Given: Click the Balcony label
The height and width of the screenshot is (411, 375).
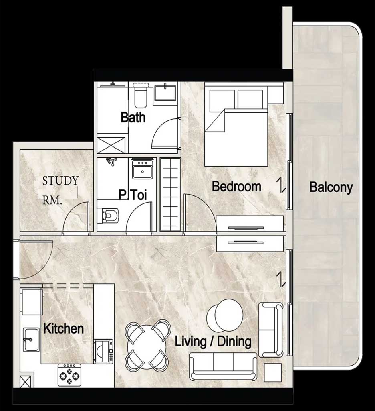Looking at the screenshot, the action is pyautogui.click(x=331, y=188).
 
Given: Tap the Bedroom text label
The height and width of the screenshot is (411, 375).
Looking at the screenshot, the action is pyautogui.click(x=236, y=186).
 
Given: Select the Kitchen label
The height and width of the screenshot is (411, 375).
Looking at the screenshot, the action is pyautogui.click(x=64, y=328).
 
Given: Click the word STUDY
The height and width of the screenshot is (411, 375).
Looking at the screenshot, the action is pyautogui.click(x=60, y=181).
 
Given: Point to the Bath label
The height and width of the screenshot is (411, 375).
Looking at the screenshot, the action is pyautogui.click(x=133, y=117).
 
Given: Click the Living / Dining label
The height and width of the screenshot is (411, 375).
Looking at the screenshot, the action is pyautogui.click(x=213, y=342).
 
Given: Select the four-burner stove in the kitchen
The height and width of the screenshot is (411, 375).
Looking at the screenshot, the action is pyautogui.click(x=69, y=375).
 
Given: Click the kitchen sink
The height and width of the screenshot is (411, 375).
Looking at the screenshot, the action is pyautogui.click(x=31, y=340).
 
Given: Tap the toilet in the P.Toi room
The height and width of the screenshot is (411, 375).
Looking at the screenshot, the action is pyautogui.click(x=108, y=216).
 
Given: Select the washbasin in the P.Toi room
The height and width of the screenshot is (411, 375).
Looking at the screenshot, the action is pyautogui.click(x=142, y=169).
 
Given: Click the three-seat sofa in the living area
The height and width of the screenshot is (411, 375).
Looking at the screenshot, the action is pyautogui.click(x=223, y=366).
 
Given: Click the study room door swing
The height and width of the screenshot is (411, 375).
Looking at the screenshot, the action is pyautogui.click(x=76, y=217).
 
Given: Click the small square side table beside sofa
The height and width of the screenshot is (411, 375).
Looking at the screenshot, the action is pyautogui.click(x=273, y=372).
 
